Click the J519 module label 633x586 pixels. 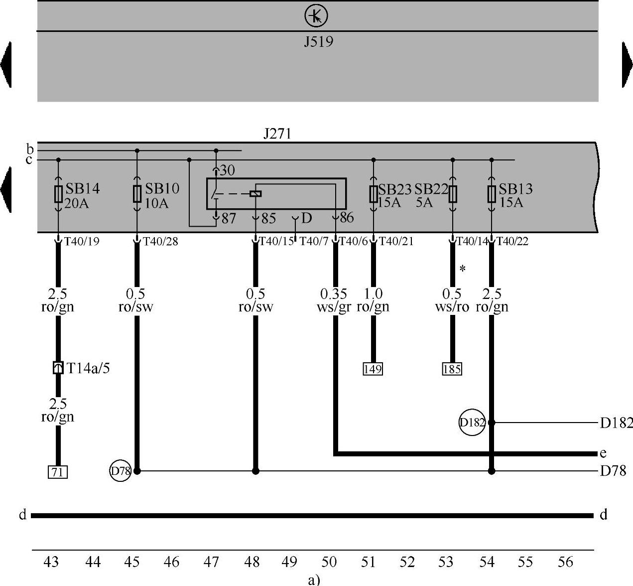pos(318,41)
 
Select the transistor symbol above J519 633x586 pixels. pos(316,17)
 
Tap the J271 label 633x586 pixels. pos(277,134)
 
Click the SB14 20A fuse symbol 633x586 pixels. pos(58,194)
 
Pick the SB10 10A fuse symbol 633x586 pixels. pos(137,194)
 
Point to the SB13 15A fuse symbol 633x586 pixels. pos(492,194)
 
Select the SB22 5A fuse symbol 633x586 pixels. pos(452,194)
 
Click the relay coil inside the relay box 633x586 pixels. pos(255,193)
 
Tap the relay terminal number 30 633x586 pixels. pos(227,171)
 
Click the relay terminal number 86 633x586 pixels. pos(347,218)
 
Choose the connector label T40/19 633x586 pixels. pos(82,242)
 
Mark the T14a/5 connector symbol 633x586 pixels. pos(58,368)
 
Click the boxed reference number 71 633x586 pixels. pos(58,471)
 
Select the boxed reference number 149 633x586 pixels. pos(373,369)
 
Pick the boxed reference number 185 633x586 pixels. pos(452,369)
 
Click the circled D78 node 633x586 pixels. pos(120,471)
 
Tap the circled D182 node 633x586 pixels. pos(472,423)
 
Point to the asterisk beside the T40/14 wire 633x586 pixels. pos(463,270)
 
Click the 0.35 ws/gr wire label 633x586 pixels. pos(334,300)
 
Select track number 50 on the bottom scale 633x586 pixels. pos(329,563)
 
